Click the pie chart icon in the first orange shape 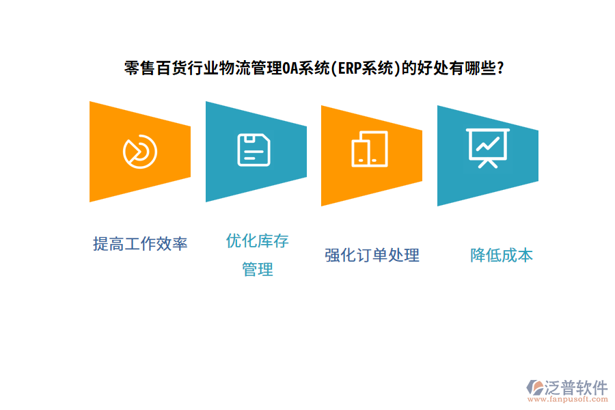(x=140, y=151)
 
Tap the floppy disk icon (x=254, y=150)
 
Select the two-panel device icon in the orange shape (x=369, y=149)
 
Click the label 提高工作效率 (x=140, y=244)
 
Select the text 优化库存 (x=257, y=241)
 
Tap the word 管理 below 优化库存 (x=257, y=270)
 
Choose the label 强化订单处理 (x=372, y=256)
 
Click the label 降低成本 (x=501, y=256)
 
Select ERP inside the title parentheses (x=348, y=69)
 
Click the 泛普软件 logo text (x=576, y=387)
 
